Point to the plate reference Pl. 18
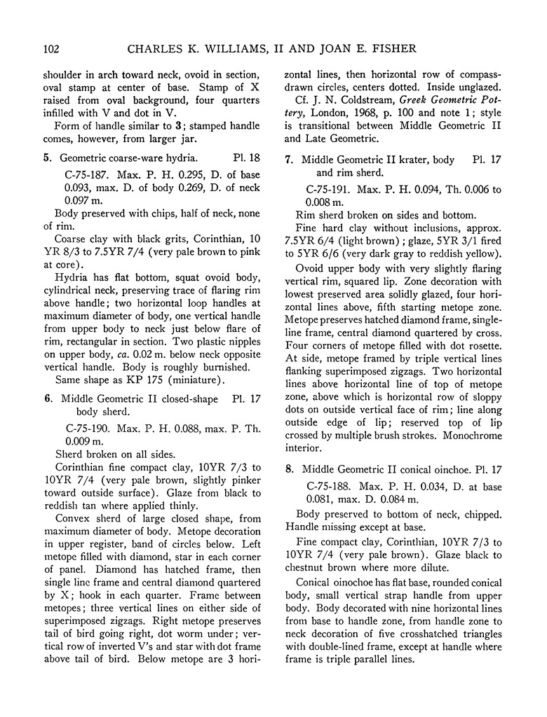point(246,158)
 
